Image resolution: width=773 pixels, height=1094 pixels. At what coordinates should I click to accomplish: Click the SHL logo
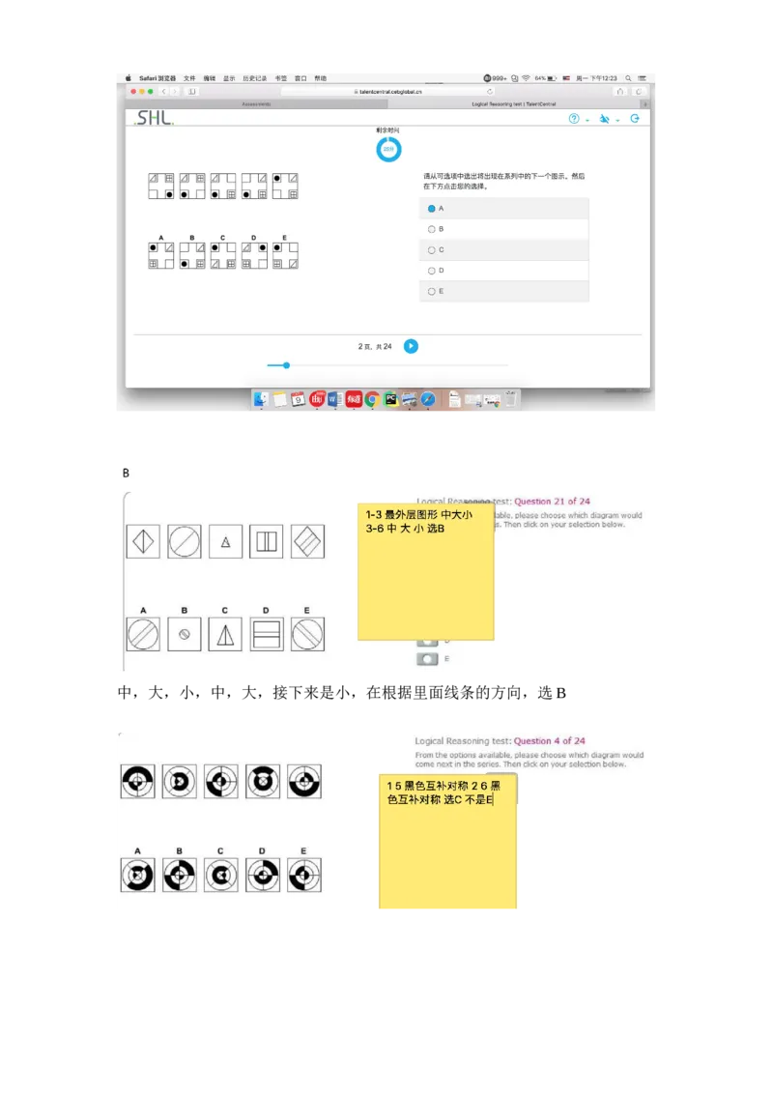click(155, 118)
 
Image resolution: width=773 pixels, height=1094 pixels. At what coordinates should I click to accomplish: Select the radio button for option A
click(432, 209)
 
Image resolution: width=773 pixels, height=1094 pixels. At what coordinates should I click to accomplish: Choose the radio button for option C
click(432, 250)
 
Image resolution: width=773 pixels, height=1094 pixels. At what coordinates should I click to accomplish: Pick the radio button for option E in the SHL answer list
click(432, 291)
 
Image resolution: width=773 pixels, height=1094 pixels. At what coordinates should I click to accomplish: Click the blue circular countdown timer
click(388, 149)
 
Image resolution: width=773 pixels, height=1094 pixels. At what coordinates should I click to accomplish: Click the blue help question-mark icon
click(574, 119)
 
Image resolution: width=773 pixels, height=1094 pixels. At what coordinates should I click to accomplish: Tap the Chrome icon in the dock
click(372, 399)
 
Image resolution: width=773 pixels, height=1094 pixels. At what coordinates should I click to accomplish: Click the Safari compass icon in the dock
click(428, 399)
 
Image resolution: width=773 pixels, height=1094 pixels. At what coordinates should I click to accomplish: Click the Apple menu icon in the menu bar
click(129, 78)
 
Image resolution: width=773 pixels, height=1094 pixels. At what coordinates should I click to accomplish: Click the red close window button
click(132, 91)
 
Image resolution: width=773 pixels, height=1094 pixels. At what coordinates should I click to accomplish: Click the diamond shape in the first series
click(143, 541)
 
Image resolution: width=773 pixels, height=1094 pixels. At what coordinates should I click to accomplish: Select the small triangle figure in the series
click(225, 541)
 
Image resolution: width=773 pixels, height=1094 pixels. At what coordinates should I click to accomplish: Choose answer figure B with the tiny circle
click(184, 634)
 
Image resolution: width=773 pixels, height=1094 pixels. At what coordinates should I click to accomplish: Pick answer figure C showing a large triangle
click(225, 634)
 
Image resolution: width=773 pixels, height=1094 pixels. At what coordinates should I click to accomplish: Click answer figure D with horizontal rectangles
click(266, 634)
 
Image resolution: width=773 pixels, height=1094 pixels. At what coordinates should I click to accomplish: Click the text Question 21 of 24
click(552, 502)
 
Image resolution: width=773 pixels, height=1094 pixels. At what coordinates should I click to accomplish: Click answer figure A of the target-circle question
click(137, 875)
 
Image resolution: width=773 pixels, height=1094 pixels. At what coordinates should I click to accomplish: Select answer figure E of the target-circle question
click(304, 875)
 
